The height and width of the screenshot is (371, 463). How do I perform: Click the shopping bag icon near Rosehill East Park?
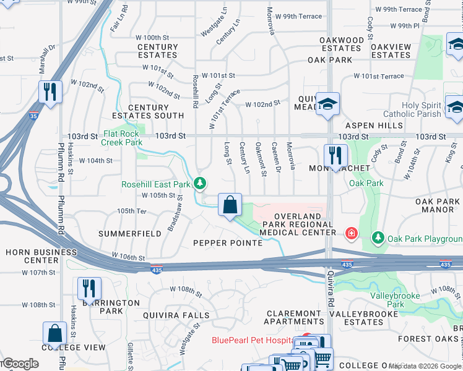point(230,205)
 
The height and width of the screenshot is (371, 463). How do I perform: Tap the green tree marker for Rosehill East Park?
point(199,184)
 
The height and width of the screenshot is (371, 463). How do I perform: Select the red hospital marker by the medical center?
point(352,233)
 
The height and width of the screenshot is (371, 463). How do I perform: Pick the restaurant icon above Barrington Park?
point(89,288)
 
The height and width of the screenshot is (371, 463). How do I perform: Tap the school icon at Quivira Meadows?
point(326,103)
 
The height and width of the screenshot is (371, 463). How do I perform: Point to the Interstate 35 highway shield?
point(34,115)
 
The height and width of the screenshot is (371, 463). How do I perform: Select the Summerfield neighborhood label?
point(130,234)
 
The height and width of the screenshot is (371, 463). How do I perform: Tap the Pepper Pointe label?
point(228,243)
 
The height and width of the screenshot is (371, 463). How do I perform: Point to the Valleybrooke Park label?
point(396,300)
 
